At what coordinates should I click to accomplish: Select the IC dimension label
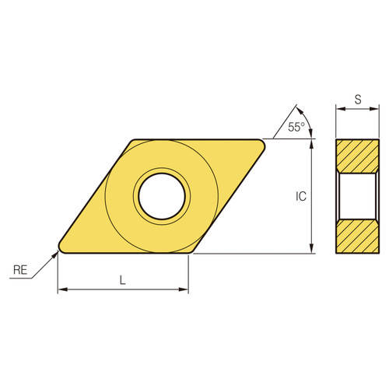[301, 197]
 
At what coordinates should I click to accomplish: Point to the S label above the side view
[357, 100]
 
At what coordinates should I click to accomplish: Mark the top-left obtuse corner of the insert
[132, 142]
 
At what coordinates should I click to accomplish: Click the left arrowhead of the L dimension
[61, 290]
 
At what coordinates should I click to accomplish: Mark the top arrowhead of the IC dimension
[313, 143]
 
